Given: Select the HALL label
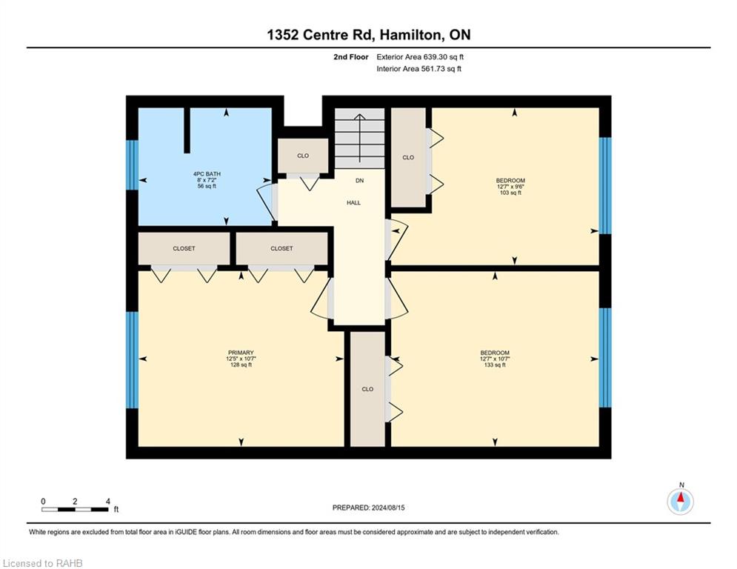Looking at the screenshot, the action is [x=353, y=203].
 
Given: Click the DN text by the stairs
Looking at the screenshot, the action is [x=359, y=181].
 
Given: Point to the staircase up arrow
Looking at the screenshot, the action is [x=359, y=138].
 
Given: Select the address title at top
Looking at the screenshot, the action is [x=369, y=35].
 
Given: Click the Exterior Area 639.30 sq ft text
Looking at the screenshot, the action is [x=420, y=57].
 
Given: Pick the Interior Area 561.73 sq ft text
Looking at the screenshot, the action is [x=418, y=69].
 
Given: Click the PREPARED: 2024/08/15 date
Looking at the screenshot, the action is [x=369, y=508].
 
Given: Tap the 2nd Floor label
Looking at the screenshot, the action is [x=350, y=57].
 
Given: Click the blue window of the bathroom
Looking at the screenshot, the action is [x=132, y=165].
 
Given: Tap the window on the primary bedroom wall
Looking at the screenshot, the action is [x=132, y=360].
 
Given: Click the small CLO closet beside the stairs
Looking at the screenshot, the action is [x=303, y=156].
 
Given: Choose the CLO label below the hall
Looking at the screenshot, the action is [x=367, y=390].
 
